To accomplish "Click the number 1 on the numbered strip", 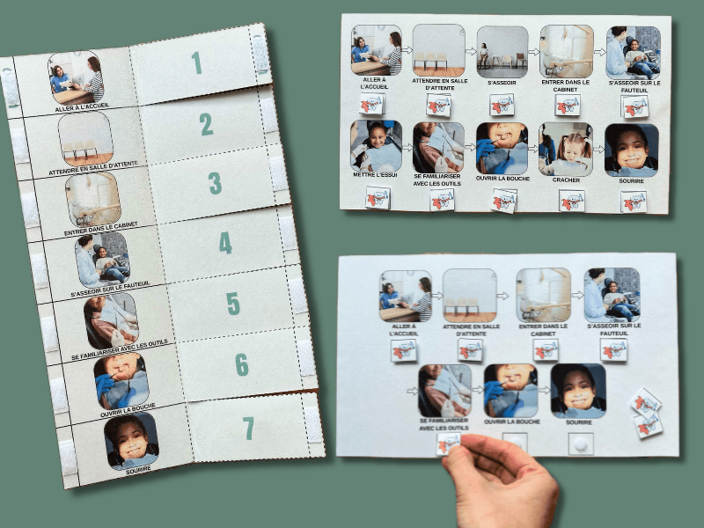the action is click(196, 62).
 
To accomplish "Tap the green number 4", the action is click(225, 243).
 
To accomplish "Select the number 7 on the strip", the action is click(248, 429).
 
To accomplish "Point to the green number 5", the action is click(233, 304).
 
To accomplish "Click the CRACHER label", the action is click(566, 180).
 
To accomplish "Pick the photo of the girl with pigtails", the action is click(566, 149).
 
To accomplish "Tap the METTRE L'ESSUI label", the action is click(376, 174).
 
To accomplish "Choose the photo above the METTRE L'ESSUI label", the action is click(377, 145).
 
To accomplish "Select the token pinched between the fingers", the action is click(447, 444).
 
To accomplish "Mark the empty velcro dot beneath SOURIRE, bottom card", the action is click(581, 444).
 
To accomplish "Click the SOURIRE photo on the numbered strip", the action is click(131, 441).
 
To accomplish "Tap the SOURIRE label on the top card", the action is click(631, 181).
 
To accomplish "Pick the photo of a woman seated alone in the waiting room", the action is click(502, 52).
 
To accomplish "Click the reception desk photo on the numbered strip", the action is click(76, 77).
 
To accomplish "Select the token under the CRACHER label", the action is click(571, 201).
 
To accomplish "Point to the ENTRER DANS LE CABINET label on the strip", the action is click(101, 229).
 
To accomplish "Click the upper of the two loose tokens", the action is click(646, 403).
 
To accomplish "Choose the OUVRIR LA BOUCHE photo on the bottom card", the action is click(511, 391).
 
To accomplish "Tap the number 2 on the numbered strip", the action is click(206, 124).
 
